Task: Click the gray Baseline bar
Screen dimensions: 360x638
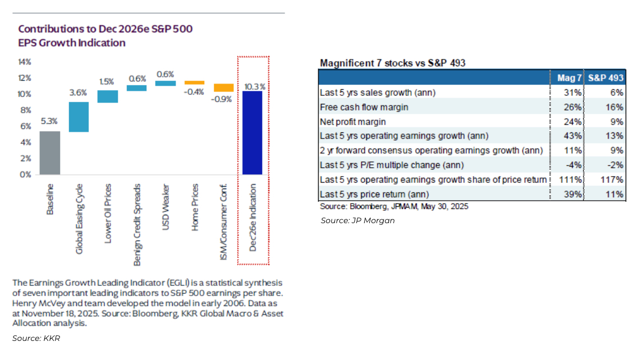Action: pyautogui.click(x=49, y=153)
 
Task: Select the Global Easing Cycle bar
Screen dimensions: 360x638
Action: pyautogui.click(x=79, y=117)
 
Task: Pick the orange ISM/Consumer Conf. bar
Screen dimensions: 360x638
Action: pyautogui.click(x=223, y=87)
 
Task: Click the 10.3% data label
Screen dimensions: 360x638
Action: pyautogui.click(x=254, y=87)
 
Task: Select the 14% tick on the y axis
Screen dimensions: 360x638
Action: pyautogui.click(x=25, y=62)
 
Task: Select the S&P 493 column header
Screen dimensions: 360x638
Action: pyautogui.click(x=605, y=77)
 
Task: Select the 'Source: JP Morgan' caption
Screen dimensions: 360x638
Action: pyautogui.click(x=357, y=220)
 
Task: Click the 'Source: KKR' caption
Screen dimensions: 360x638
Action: pyautogui.click(x=36, y=338)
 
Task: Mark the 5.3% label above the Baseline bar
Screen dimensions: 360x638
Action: pyautogui.click(x=49, y=120)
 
